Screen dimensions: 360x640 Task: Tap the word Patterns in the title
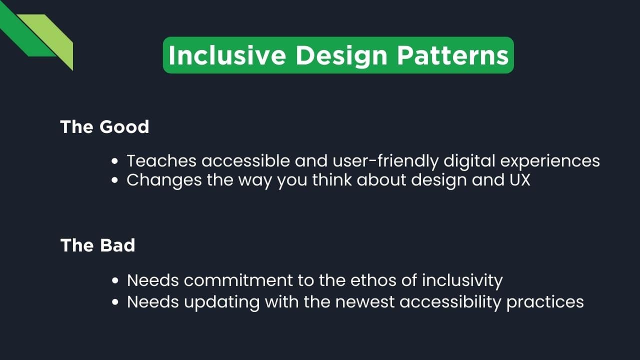pyautogui.click(x=453, y=55)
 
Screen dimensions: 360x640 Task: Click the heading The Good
pyautogui.click(x=104, y=127)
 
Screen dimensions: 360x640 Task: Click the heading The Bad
pyautogui.click(x=97, y=245)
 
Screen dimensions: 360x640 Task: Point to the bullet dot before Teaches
pyautogui.click(x=115, y=161)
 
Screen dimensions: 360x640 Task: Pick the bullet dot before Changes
pyautogui.click(x=115, y=180)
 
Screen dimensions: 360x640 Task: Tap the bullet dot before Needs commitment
pyautogui.click(x=115, y=281)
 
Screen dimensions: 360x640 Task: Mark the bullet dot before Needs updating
pyautogui.click(x=115, y=302)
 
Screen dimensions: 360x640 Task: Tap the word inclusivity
pyautogui.click(x=462, y=280)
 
